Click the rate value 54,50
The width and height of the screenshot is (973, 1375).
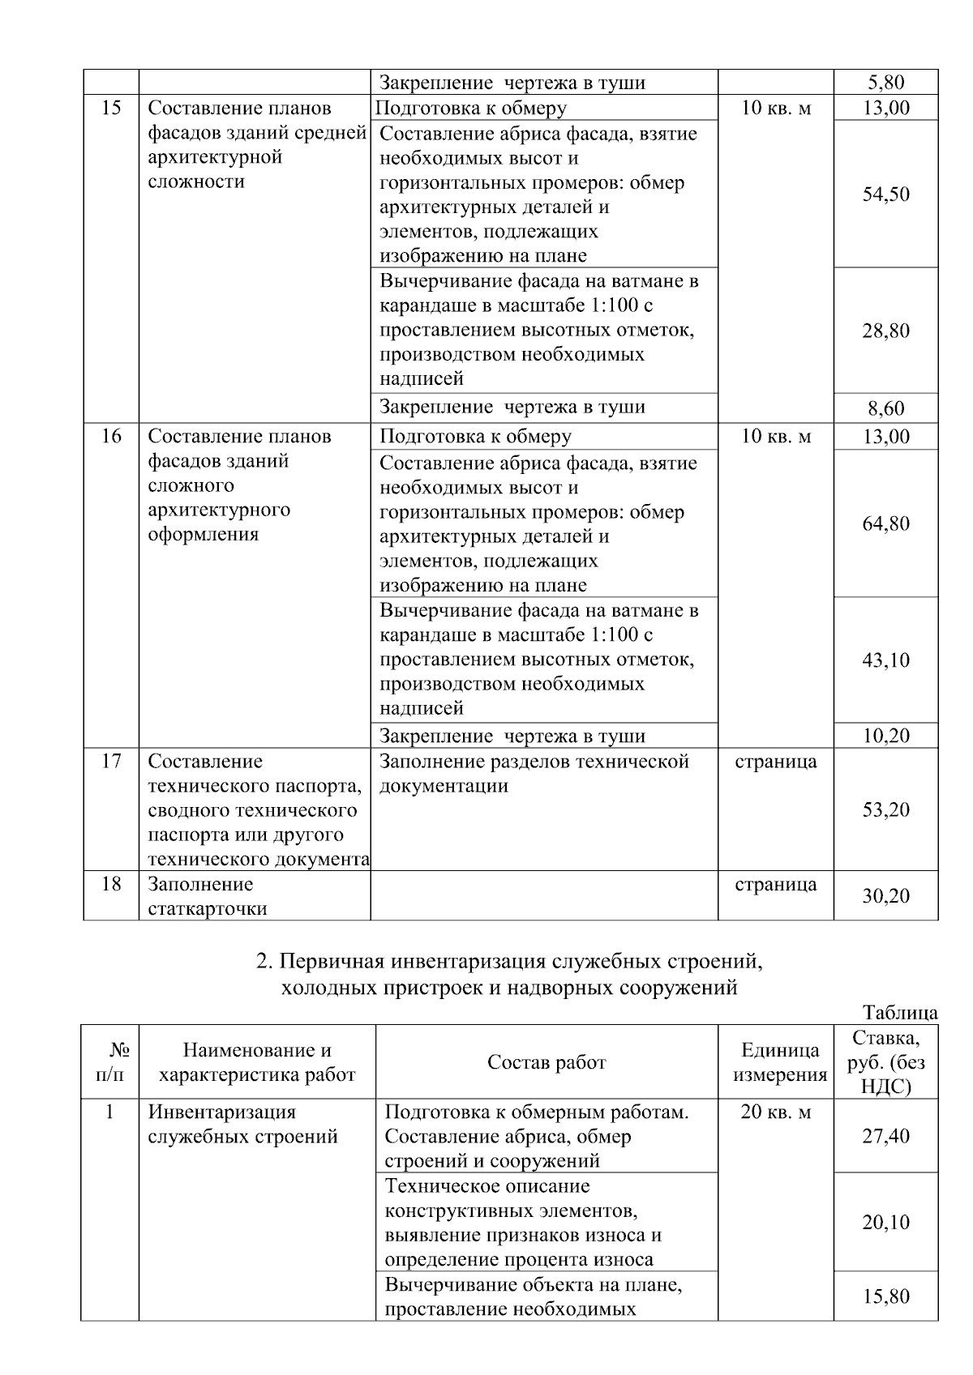(x=885, y=194)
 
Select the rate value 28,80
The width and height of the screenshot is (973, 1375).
(x=885, y=331)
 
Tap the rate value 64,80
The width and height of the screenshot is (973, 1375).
(x=885, y=523)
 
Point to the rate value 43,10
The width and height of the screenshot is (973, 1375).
(x=885, y=660)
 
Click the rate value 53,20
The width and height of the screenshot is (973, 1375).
(x=885, y=809)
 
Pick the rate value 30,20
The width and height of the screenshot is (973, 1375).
(x=885, y=896)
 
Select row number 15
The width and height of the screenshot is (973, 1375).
(x=111, y=108)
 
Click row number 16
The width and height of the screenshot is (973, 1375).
(x=111, y=436)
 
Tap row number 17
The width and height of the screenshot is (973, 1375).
(x=111, y=761)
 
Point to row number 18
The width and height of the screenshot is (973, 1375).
(x=111, y=884)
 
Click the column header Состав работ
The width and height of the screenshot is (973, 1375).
(x=547, y=1062)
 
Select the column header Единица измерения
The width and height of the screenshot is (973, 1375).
(x=780, y=1062)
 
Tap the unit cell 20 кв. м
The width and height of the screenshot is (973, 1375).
(x=776, y=1112)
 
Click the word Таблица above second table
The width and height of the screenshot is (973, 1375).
(x=900, y=1013)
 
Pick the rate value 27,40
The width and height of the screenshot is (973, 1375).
(x=885, y=1136)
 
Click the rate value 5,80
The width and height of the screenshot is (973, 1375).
(x=885, y=82)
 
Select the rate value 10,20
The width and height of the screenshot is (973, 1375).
(x=885, y=736)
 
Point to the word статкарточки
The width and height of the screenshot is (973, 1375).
(x=208, y=908)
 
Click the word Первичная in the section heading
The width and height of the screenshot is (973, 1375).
(x=332, y=962)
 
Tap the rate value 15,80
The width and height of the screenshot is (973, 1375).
(x=885, y=1296)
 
